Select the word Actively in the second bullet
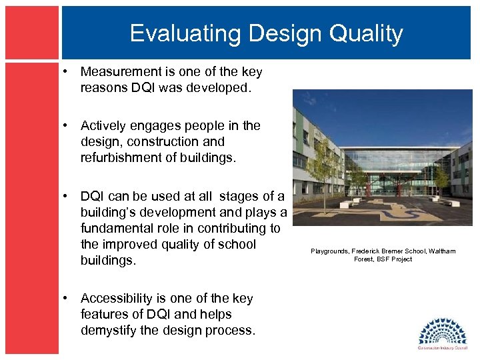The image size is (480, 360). tap(103, 125)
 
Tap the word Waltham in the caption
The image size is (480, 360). tap(442, 251)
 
